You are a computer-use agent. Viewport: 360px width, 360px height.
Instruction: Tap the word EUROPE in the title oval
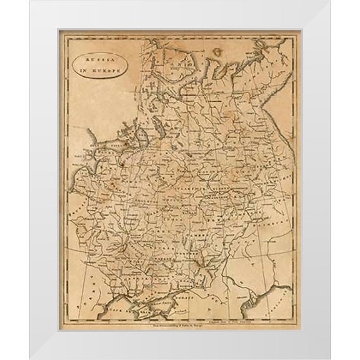(104, 70)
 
